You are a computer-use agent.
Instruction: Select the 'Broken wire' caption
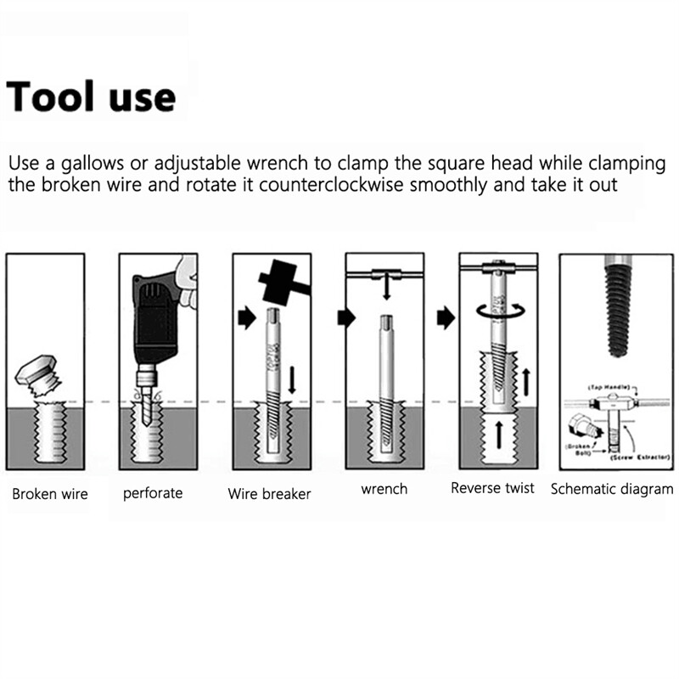(49, 494)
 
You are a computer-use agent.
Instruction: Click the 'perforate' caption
(153, 493)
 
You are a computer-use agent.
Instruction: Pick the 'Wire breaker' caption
(269, 494)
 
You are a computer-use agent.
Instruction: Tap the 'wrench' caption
(384, 489)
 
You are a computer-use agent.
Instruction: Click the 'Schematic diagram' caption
(612, 489)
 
